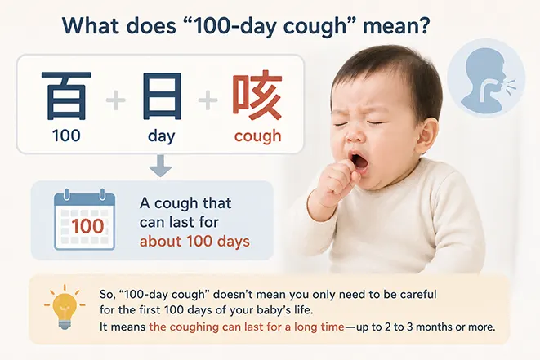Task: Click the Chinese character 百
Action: point(66,96)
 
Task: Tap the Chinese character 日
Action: point(162,96)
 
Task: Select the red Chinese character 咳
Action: point(257,96)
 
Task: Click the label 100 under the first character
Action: point(66,136)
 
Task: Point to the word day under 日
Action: point(162,136)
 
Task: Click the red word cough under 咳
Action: point(257,136)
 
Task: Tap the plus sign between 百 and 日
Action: point(116,100)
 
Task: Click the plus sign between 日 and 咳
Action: point(208,100)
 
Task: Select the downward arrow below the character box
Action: point(160,166)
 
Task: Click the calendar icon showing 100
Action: point(84,219)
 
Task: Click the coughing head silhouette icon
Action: point(486,77)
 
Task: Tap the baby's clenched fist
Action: point(337,182)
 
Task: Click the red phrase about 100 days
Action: point(194,241)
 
